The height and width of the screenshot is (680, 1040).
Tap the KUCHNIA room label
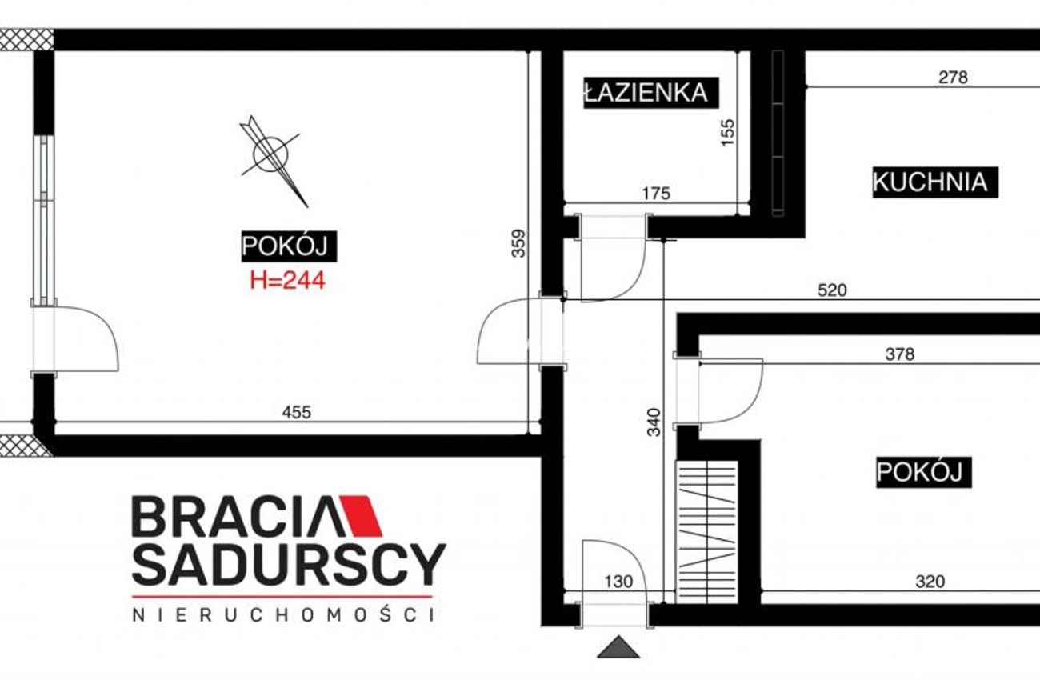click(935, 182)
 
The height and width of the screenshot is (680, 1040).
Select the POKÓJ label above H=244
click(289, 246)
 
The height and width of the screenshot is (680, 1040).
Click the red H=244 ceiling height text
click(288, 280)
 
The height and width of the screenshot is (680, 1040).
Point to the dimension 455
click(297, 412)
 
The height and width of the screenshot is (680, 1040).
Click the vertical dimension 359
click(518, 243)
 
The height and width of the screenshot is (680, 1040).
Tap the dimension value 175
click(656, 193)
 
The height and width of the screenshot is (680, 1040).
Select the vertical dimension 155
click(728, 132)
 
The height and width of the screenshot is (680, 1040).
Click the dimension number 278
click(953, 77)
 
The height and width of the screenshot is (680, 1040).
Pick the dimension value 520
click(833, 290)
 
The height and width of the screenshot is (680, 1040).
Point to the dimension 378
click(900, 354)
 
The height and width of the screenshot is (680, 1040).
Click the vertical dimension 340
click(654, 422)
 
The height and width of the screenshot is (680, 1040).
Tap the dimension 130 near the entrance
click(619, 581)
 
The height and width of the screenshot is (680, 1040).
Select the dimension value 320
click(930, 581)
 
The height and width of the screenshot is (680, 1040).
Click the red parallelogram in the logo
click(362, 516)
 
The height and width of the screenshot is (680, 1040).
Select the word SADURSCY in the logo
click(289, 565)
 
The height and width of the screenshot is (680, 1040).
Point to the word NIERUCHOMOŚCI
click(284, 615)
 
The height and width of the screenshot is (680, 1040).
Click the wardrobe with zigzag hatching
click(706, 532)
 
